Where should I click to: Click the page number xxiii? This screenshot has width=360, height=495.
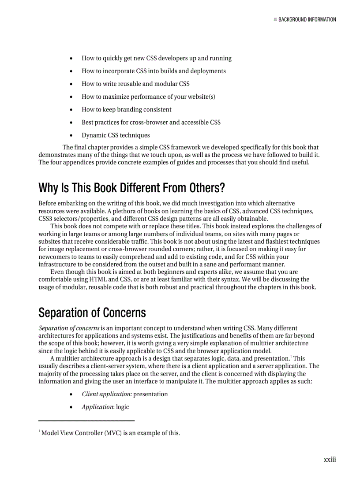330,459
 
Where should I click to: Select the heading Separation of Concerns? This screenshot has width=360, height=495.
92,313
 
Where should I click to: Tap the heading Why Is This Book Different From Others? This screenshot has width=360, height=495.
131,188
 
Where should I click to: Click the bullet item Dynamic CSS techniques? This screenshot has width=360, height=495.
116,135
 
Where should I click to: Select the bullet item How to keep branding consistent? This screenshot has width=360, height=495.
126,109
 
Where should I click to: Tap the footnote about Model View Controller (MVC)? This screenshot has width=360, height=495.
110,433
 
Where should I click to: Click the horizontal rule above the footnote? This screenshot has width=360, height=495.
86,421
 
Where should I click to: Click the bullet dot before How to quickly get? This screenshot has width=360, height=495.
71,59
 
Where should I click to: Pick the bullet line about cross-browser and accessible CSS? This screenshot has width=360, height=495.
151,122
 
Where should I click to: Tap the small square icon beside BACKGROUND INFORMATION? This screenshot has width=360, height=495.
275,19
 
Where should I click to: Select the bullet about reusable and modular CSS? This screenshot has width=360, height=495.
135,84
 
